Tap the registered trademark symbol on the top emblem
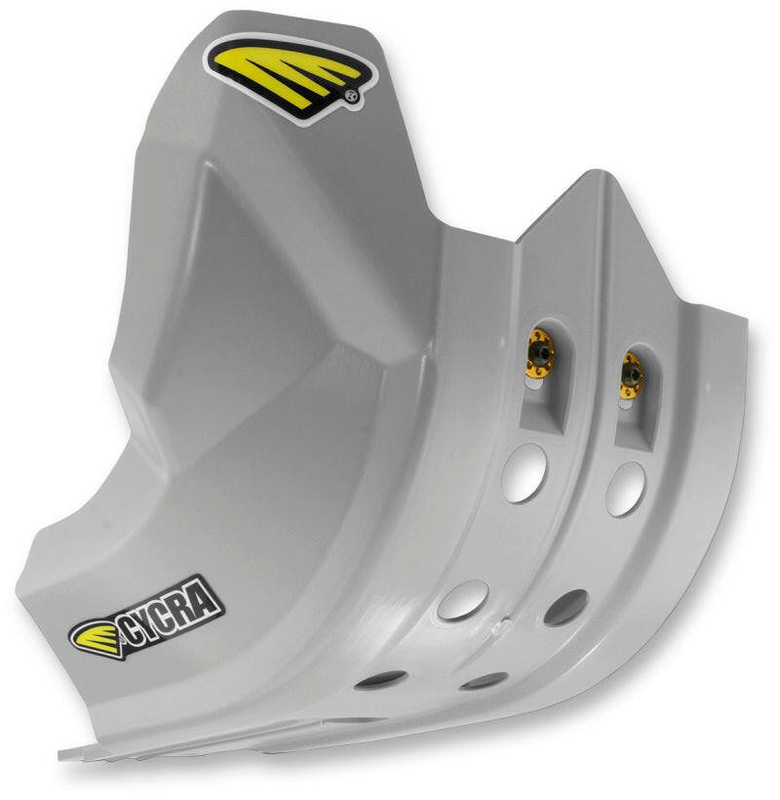coord(350,97)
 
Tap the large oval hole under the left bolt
coord(525,471)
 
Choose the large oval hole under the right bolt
coord(625,489)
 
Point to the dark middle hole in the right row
coord(565,607)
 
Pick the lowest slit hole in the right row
coord(484,681)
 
